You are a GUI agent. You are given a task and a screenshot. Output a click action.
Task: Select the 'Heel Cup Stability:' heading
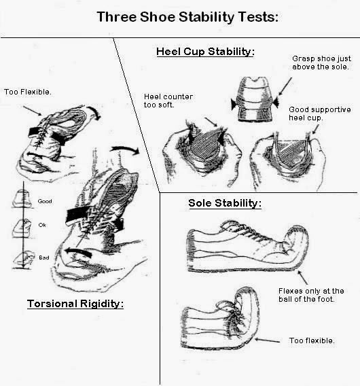[204, 51]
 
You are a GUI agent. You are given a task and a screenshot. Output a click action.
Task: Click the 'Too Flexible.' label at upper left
[24, 92]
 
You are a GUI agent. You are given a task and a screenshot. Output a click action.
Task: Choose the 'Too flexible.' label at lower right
[312, 340]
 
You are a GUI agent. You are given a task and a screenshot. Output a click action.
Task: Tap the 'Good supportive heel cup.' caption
[314, 114]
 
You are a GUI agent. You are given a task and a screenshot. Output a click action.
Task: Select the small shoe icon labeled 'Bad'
[21, 257]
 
